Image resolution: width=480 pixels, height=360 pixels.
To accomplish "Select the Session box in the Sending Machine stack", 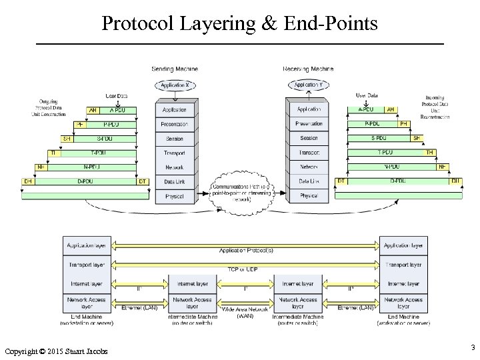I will point(174,139).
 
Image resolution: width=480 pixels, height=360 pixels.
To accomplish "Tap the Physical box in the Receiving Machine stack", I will point(309,196).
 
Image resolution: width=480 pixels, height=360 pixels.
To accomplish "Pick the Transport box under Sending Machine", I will point(174,153).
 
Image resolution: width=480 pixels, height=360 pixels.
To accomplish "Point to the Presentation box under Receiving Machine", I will point(309,124).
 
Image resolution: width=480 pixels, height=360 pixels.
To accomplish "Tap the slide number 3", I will point(472,347).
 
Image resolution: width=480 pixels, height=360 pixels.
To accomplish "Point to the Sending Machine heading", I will point(175,69).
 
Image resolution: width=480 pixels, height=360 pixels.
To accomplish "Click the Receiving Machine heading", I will point(309,69).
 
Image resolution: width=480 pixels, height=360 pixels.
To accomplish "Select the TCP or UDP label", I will point(243,269).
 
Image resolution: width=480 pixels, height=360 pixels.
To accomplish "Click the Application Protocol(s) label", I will point(243,251).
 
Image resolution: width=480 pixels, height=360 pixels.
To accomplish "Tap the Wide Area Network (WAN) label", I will point(245,312).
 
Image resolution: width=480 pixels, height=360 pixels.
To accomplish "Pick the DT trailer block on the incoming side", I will point(341,181).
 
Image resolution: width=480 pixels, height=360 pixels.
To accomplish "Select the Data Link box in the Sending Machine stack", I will point(174,181).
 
